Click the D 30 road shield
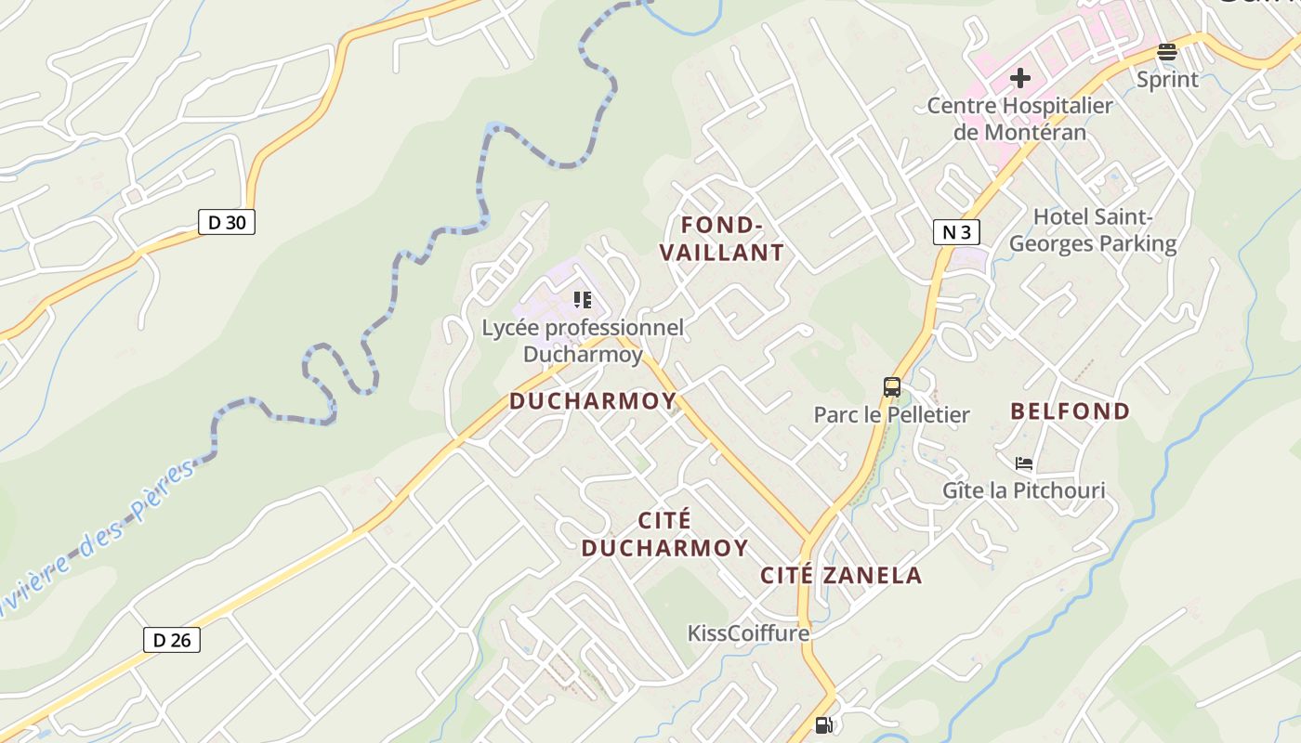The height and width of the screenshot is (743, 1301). point(227,222)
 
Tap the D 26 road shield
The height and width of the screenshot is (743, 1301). point(172,639)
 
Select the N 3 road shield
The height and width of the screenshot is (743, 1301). point(956,231)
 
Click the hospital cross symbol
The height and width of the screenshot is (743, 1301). point(1020,78)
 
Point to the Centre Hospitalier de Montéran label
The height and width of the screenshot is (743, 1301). point(1019,119)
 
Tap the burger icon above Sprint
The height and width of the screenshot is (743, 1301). point(1167,52)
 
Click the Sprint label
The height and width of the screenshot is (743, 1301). point(1167,80)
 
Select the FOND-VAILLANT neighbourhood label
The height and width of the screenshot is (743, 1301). point(732,239)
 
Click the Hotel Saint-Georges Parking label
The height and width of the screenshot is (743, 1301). point(1093,230)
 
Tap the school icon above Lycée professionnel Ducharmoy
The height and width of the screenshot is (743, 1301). point(583,299)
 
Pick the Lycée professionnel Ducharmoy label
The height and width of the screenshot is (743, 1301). point(583,341)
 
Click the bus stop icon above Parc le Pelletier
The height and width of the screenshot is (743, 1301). point(892,386)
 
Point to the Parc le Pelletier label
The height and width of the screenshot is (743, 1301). point(891,414)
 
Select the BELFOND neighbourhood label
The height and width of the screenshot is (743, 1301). point(1070,411)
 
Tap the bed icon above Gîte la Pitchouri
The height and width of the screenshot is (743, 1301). point(1024,463)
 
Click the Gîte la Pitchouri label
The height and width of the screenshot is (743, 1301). point(1024,489)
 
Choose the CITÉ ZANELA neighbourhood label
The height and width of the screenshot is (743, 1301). point(841,575)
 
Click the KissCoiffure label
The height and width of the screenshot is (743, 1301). point(748,633)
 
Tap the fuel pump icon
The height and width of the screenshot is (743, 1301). point(823,724)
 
